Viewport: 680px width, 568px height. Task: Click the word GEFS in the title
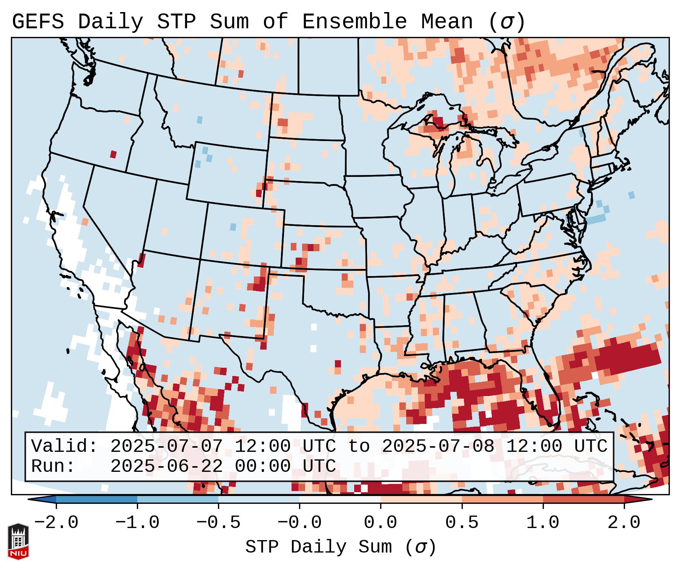(x=38, y=22)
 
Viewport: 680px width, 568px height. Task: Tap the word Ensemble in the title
(x=354, y=22)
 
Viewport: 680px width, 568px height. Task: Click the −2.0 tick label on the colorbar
(x=56, y=523)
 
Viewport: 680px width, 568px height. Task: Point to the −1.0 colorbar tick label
(x=137, y=523)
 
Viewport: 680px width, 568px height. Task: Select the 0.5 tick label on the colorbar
(x=462, y=523)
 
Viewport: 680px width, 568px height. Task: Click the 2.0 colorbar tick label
(x=624, y=523)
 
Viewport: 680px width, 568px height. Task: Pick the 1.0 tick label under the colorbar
(x=543, y=523)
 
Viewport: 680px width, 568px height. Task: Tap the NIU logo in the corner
(x=18, y=541)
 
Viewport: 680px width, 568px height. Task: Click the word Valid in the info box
(x=64, y=446)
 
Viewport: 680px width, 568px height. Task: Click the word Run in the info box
(x=53, y=467)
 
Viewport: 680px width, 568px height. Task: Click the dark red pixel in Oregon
(x=113, y=154)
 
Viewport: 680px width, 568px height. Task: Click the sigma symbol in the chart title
(x=506, y=22)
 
